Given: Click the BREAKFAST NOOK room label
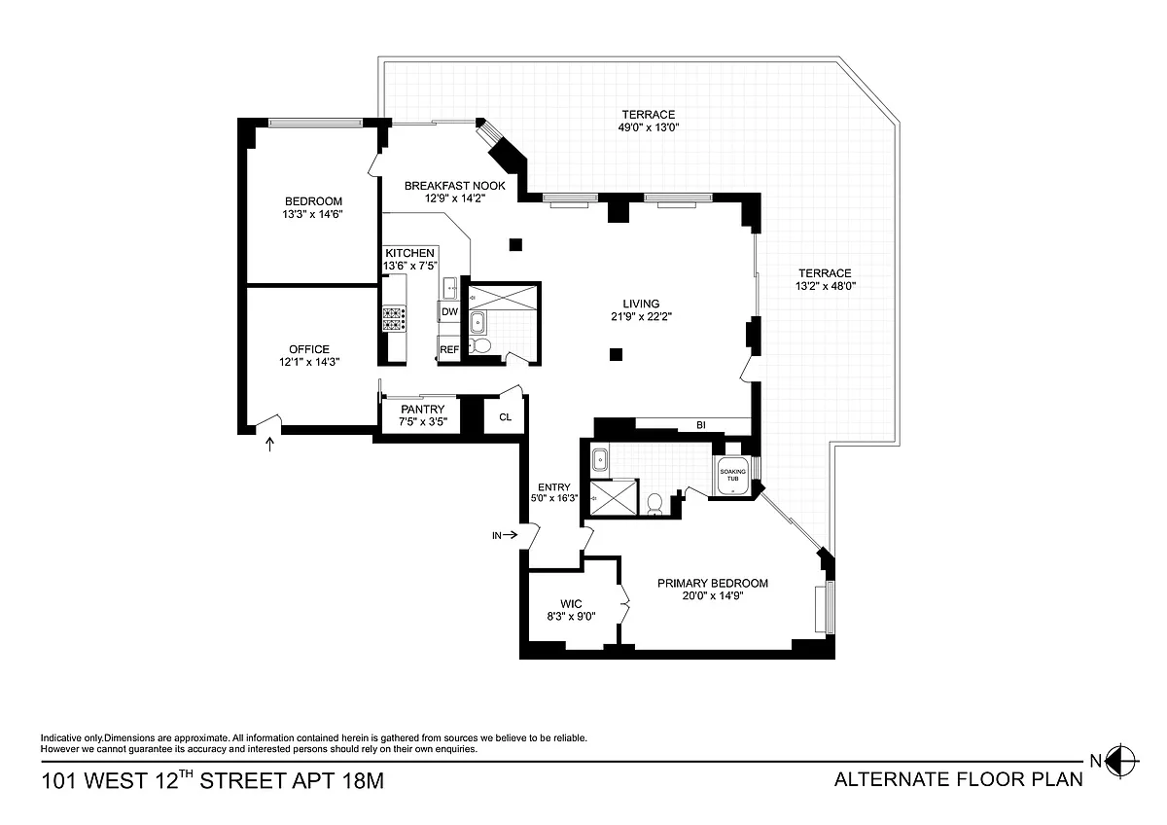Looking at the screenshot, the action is pos(455,186).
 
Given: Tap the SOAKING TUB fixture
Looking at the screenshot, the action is pos(733,476).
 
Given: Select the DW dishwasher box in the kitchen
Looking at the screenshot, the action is pos(449,311).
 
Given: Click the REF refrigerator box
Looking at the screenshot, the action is pos(448,349).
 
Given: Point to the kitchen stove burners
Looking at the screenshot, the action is pos(395,318).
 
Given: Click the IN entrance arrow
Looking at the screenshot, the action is pos(512,535).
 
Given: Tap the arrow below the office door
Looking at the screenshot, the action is pos(270,444).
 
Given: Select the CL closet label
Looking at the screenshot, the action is pos(505,417).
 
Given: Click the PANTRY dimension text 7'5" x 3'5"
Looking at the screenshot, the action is pos(423,421).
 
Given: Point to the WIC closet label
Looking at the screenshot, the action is pos(571,604).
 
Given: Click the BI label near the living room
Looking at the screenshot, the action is pos(701,425).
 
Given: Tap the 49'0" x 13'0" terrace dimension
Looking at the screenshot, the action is pos(649,127).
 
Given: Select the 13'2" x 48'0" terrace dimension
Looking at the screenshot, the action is pos(826,286).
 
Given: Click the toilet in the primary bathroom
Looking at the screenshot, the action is pos(654,504).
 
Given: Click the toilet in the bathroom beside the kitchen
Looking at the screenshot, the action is pos(479,344).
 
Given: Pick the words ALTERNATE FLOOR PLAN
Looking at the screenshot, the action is pos(959,779).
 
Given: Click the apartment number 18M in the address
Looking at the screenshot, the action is pos(363,780).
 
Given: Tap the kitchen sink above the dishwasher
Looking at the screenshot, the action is pos(449,288).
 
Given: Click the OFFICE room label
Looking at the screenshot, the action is pos(309,349).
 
